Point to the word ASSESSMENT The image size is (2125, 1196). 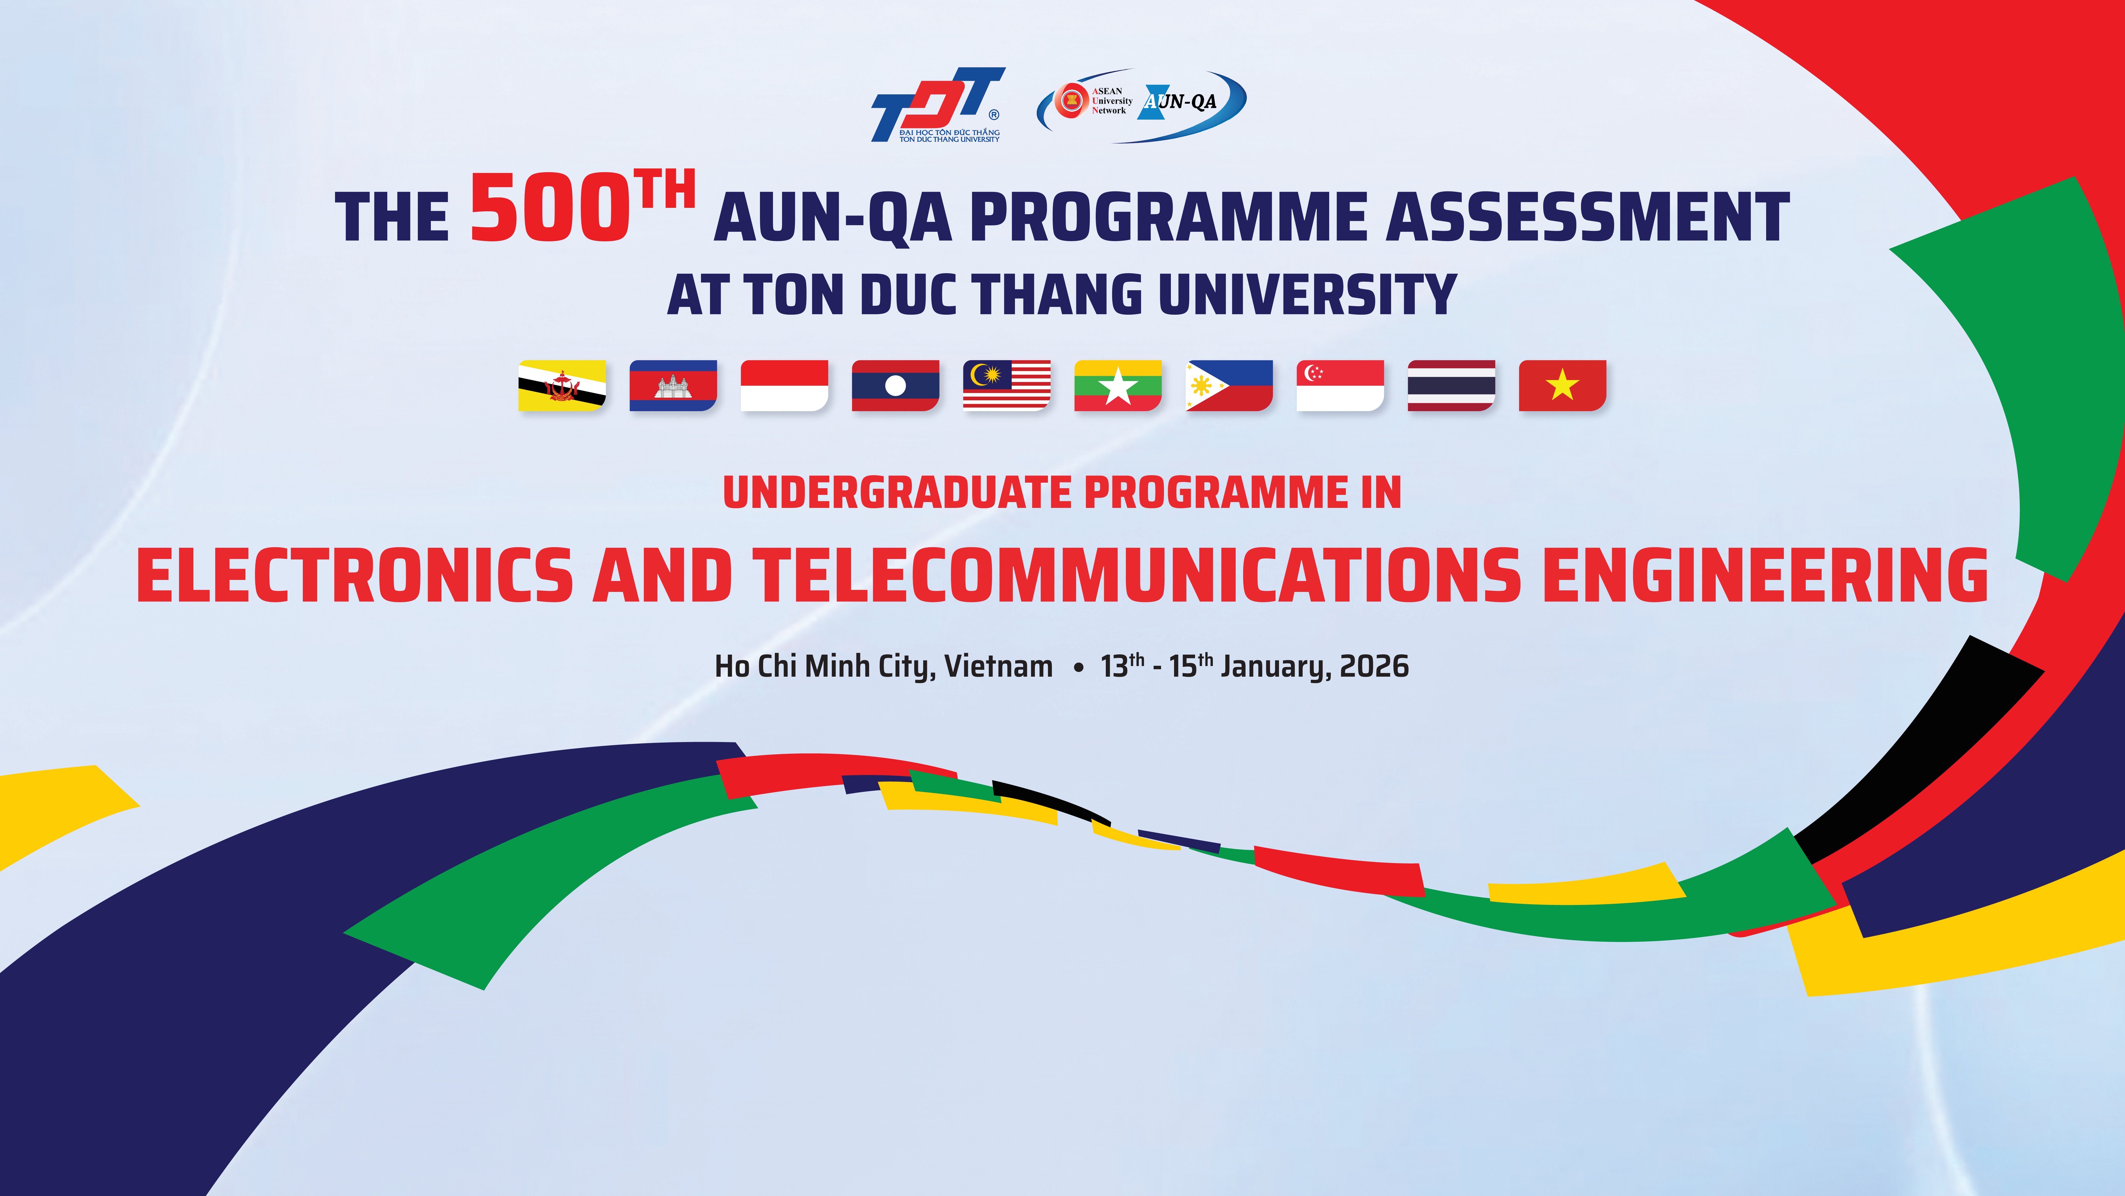click(x=1588, y=217)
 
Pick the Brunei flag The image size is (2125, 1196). click(x=562, y=385)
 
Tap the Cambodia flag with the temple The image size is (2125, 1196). click(x=673, y=385)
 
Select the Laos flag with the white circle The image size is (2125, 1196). click(x=895, y=385)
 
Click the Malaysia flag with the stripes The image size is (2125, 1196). click(x=1006, y=385)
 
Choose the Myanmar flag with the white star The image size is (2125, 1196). click(x=1118, y=385)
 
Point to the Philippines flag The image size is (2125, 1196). click(x=1229, y=385)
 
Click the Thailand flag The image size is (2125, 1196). click(x=1451, y=385)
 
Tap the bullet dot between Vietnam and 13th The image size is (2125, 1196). click(x=1078, y=669)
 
